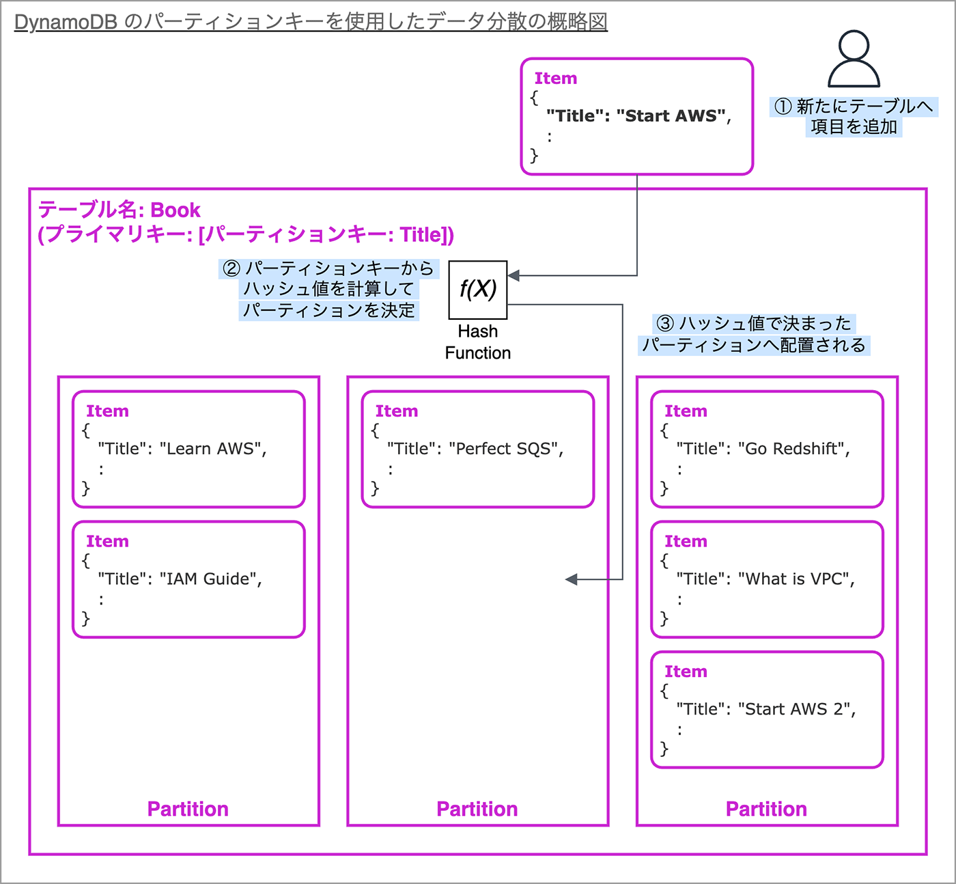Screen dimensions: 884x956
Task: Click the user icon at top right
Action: tap(854, 59)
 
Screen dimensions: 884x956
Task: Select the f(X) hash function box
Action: tap(477, 290)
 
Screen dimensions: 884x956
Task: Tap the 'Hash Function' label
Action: tap(477, 342)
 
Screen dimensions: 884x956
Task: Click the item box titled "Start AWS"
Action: tap(636, 116)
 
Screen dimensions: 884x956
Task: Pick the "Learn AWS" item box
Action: tap(188, 449)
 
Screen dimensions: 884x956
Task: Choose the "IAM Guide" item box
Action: tap(188, 579)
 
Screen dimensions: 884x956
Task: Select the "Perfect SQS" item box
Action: tap(477, 449)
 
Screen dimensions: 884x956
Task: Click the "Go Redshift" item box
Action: tap(767, 449)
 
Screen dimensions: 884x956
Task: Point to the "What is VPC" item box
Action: tap(767, 579)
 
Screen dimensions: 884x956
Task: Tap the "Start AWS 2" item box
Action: tap(767, 710)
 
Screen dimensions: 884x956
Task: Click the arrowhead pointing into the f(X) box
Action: tap(514, 275)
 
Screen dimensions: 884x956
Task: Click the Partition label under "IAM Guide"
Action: tap(188, 809)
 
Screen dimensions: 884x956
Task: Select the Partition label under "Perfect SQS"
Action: tap(477, 809)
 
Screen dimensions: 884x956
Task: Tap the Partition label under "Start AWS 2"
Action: tap(766, 809)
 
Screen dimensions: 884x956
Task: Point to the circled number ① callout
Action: tap(783, 107)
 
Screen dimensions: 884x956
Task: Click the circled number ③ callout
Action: tap(665, 323)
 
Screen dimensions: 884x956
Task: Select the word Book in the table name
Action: tap(175, 210)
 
